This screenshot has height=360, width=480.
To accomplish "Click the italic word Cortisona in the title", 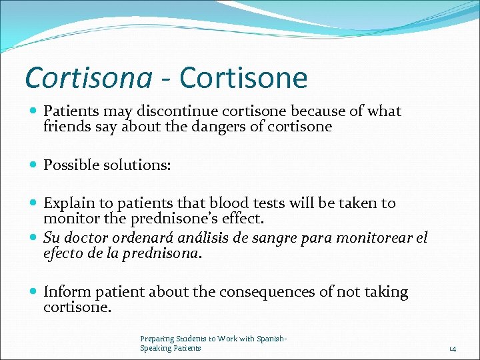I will tap(88, 78).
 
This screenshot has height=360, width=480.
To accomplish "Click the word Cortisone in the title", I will tap(243, 78).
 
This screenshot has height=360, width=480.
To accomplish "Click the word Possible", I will tap(70, 165).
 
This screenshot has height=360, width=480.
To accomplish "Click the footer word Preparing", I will tap(155, 339).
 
